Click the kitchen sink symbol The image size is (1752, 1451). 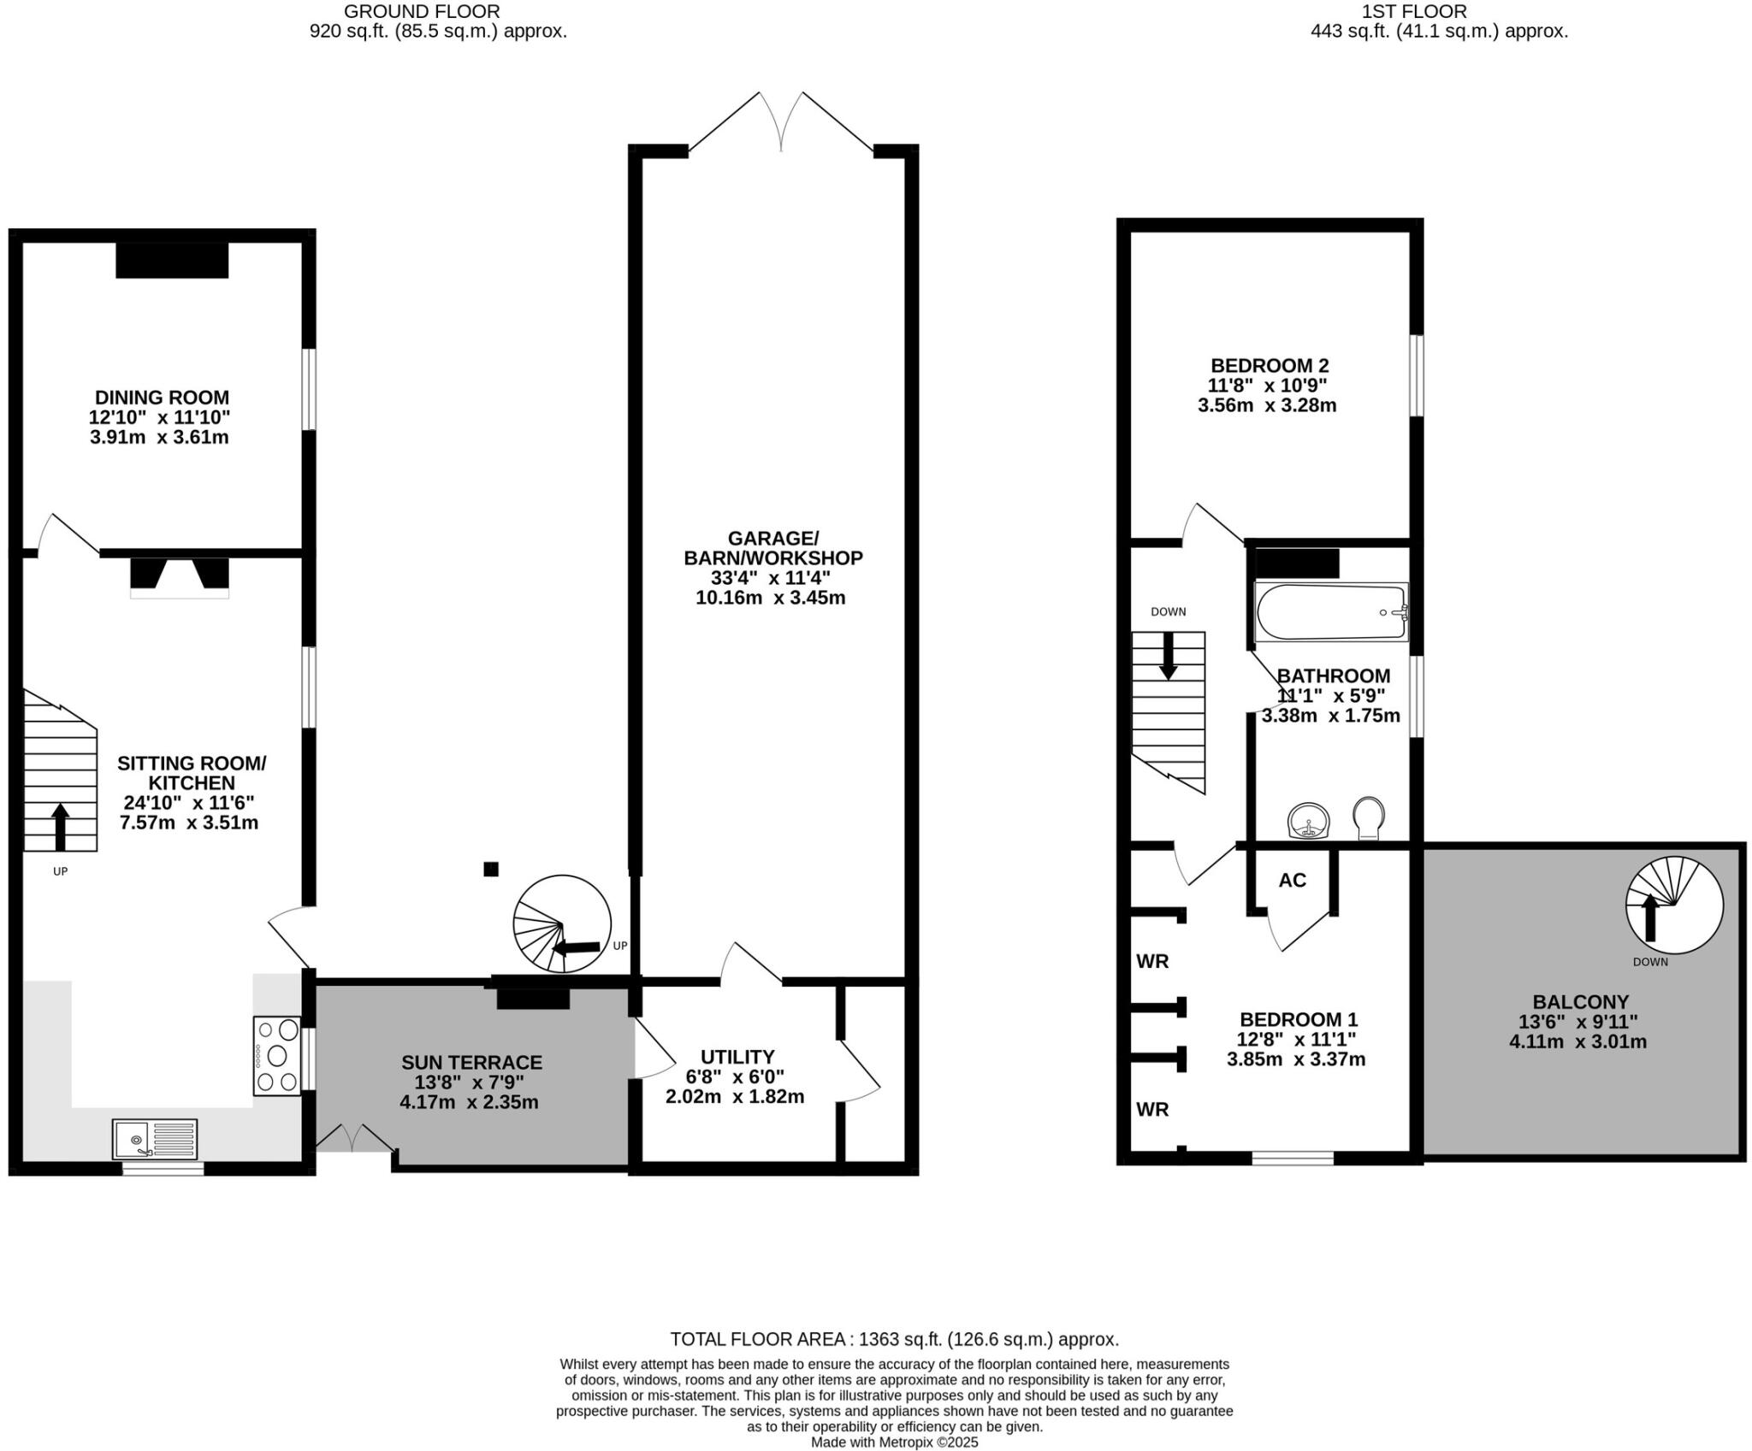[155, 1139]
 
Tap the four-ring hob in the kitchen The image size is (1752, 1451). [276, 1055]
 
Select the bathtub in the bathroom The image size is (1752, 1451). [1330, 612]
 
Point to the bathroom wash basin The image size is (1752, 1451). [1309, 821]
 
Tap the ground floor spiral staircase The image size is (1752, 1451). [562, 924]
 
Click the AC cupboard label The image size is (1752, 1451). [1292, 880]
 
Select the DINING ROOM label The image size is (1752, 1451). [162, 398]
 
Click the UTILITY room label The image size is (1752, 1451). [737, 1057]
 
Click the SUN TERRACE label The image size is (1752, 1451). [471, 1063]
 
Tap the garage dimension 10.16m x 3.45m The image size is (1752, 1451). [770, 598]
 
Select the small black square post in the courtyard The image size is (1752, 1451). [491, 870]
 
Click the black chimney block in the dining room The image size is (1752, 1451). [172, 260]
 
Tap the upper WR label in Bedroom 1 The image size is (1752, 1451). [1152, 961]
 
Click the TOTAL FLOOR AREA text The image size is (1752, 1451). [894, 1339]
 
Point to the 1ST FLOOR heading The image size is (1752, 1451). [1437, 11]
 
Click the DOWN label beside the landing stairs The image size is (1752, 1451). [1168, 611]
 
